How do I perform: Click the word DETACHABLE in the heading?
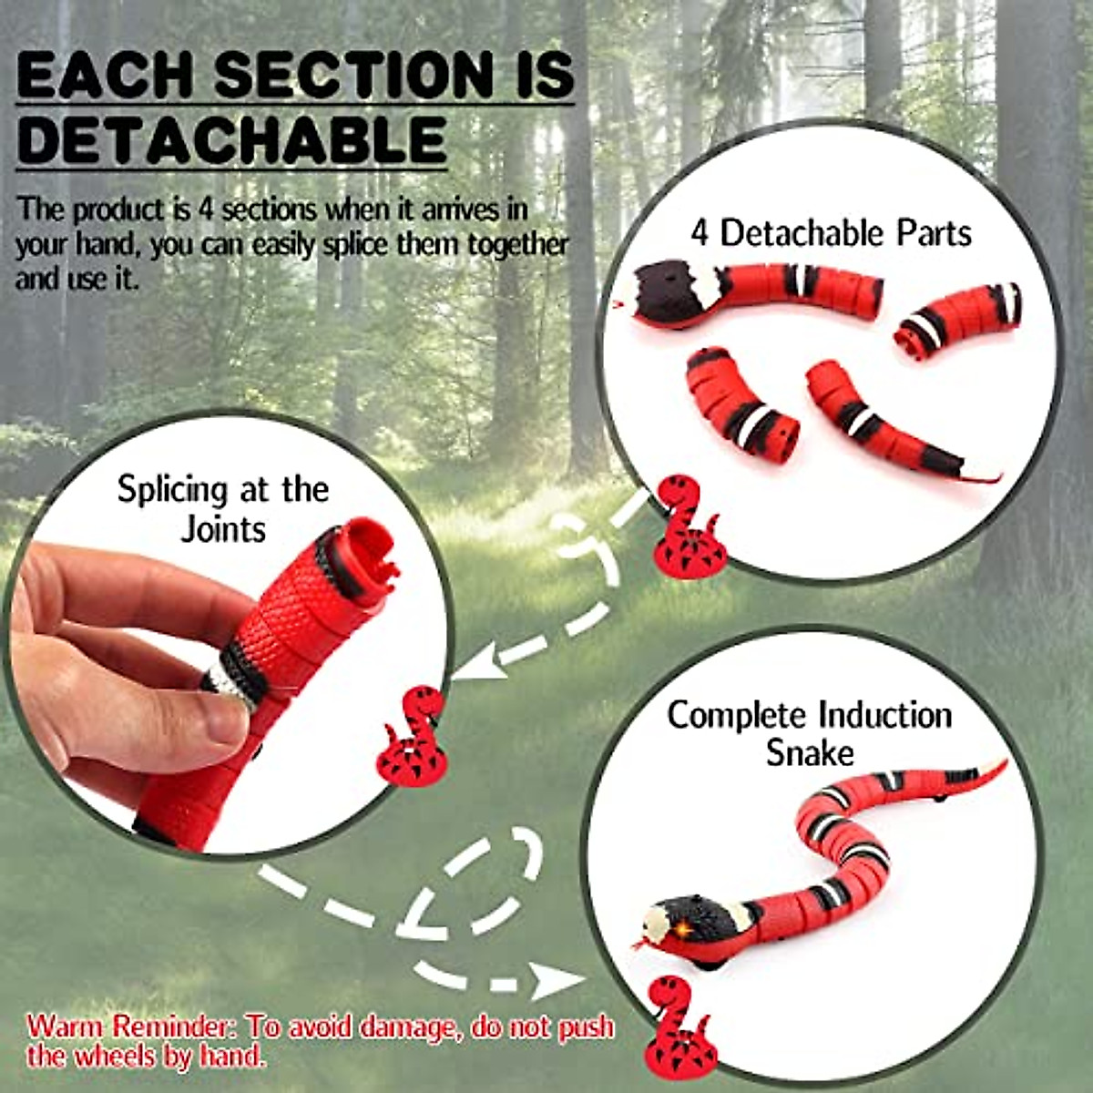click(x=231, y=140)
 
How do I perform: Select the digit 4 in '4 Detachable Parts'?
click(x=699, y=233)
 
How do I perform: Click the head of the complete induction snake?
click(x=683, y=920)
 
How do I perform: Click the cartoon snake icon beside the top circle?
click(x=688, y=528)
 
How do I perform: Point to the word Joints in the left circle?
click(x=223, y=529)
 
